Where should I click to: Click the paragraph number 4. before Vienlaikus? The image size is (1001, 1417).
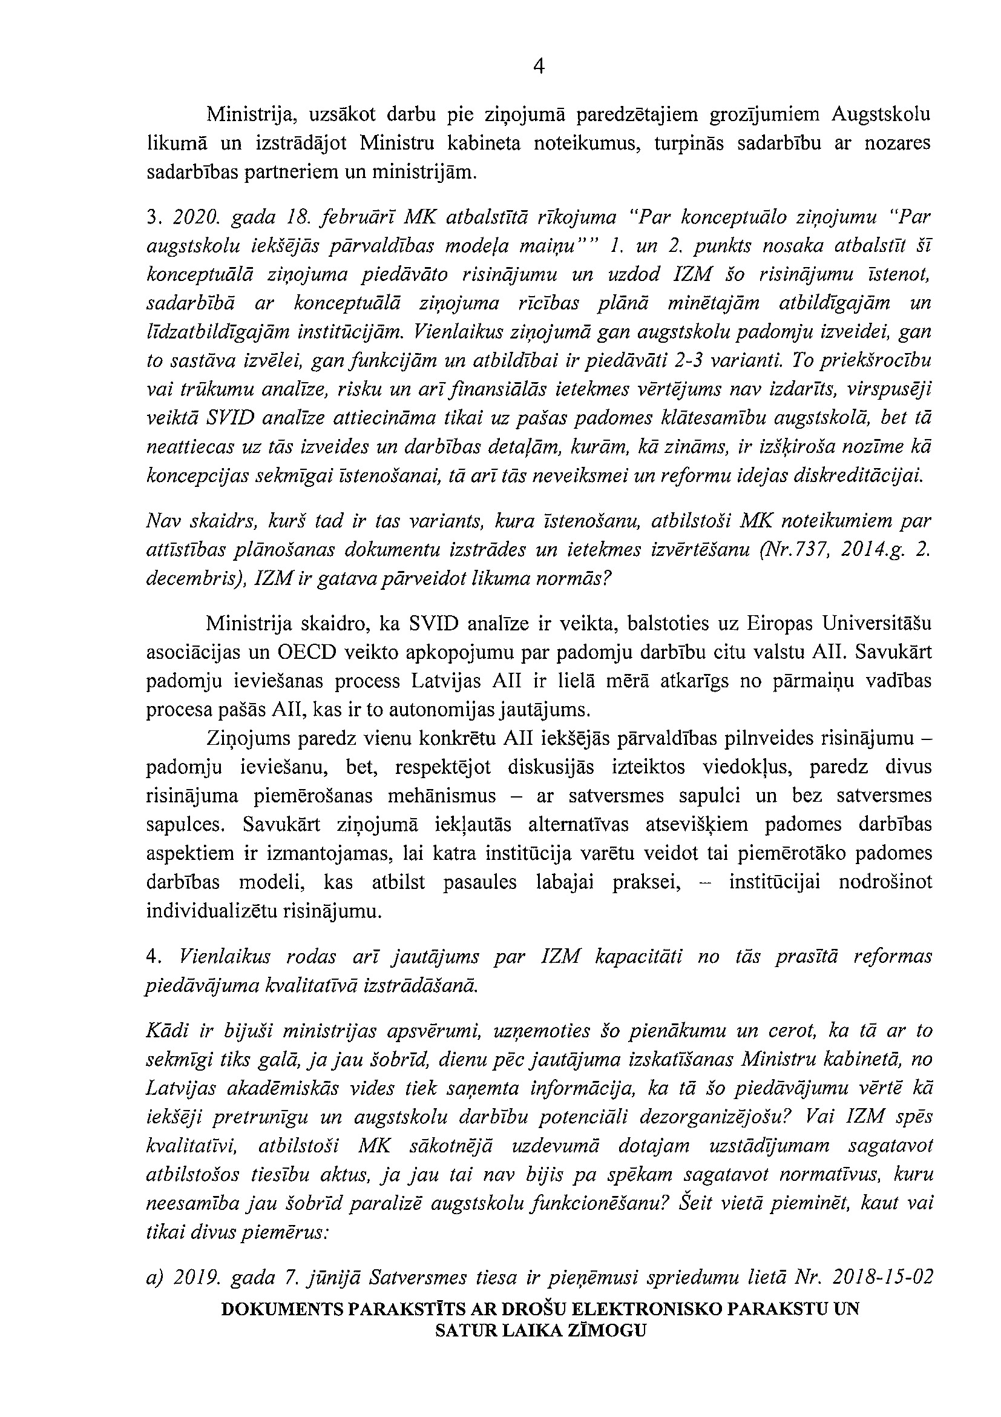154,957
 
